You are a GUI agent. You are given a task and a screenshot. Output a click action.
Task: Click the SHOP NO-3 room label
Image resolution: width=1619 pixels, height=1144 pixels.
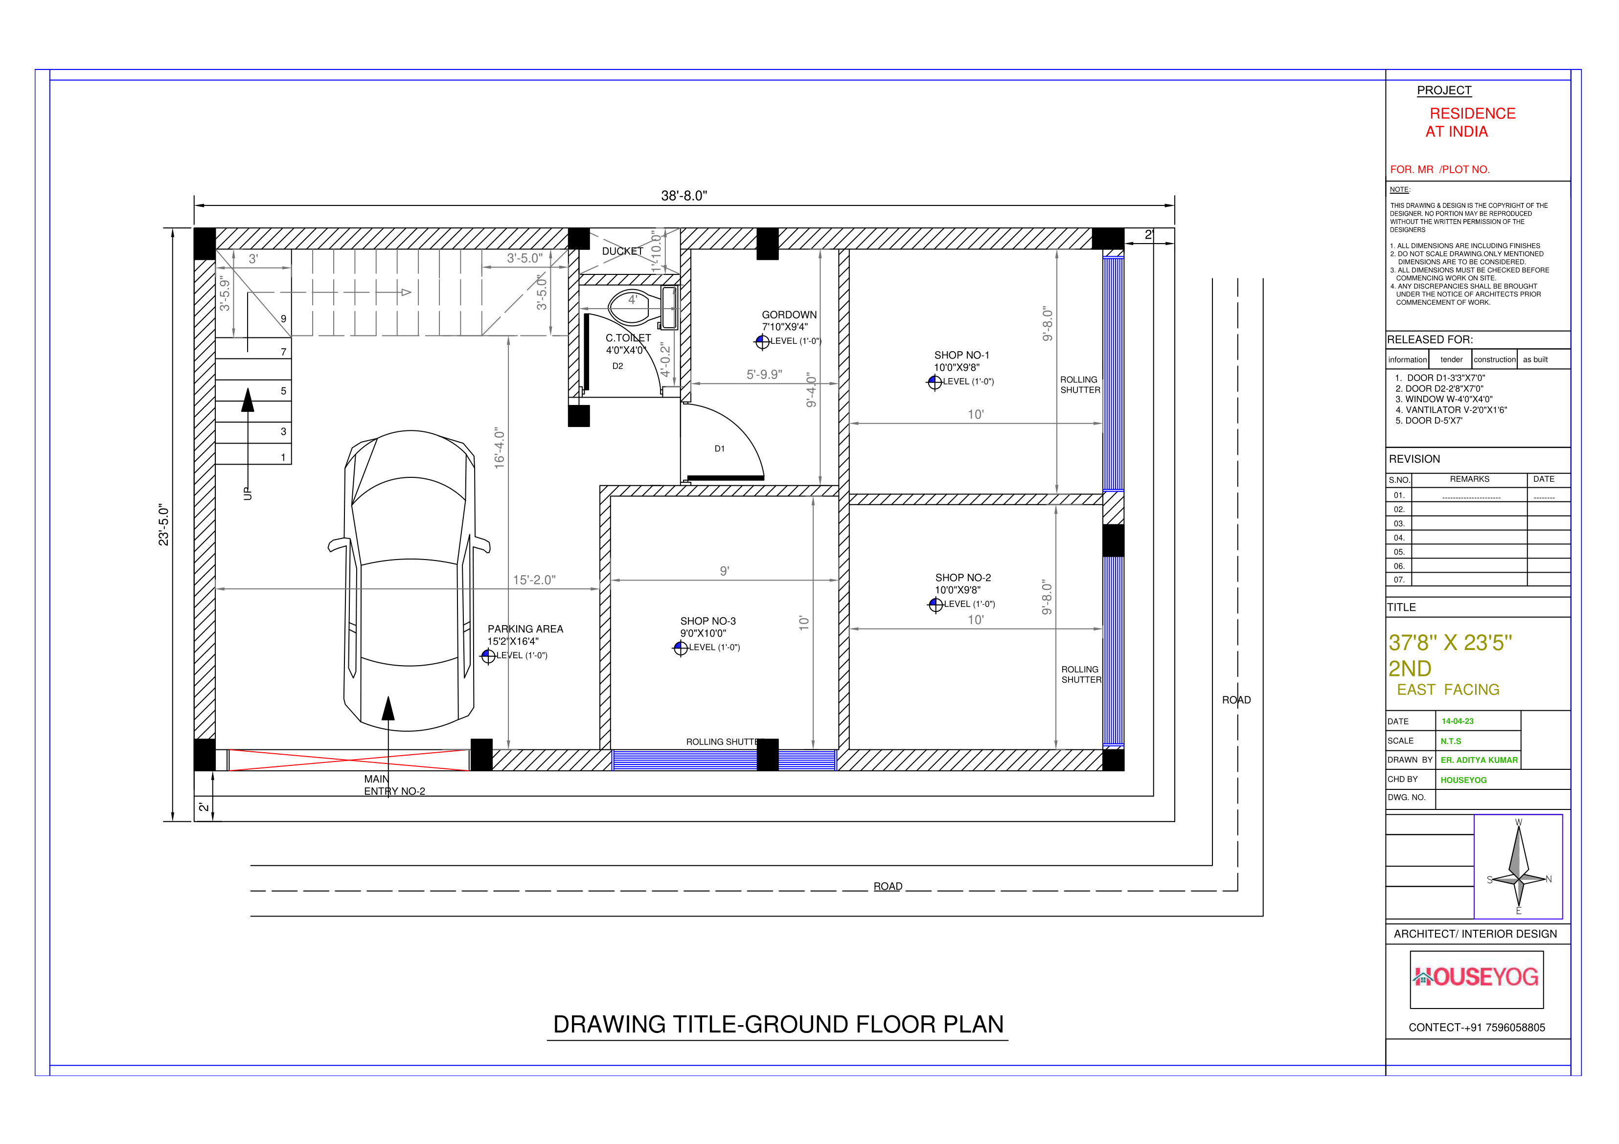pos(707,621)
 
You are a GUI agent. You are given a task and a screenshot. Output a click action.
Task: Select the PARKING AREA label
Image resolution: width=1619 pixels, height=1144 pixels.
pos(525,629)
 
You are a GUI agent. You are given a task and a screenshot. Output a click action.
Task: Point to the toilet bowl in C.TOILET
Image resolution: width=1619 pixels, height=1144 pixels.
pos(631,305)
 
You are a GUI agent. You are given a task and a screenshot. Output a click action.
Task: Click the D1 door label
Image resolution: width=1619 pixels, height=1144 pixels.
pos(719,449)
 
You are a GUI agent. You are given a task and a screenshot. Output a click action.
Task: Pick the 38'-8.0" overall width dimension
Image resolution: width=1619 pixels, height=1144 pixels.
pos(684,196)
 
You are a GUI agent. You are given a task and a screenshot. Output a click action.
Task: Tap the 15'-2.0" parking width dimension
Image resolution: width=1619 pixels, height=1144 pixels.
pos(534,580)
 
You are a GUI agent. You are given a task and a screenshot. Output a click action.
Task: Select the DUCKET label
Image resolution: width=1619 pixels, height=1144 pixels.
pos(622,251)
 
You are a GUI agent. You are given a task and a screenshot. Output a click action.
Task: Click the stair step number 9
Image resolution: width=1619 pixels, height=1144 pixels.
pos(283,318)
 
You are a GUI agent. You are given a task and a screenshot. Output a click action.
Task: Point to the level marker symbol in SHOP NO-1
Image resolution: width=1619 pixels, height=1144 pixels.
pos(935,382)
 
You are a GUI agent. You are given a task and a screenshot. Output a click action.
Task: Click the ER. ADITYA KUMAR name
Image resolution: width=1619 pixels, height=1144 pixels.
pos(1478,760)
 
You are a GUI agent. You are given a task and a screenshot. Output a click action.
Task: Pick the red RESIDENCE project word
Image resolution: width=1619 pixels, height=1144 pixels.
pos(1472,113)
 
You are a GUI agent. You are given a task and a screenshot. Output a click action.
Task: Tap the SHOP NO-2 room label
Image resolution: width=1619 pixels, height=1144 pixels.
pos(962,577)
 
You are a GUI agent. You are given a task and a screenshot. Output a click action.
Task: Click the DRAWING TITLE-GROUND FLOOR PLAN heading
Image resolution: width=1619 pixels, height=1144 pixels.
pos(778,1024)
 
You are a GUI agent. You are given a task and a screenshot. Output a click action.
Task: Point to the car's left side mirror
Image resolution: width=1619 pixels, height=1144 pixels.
pos(339,545)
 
